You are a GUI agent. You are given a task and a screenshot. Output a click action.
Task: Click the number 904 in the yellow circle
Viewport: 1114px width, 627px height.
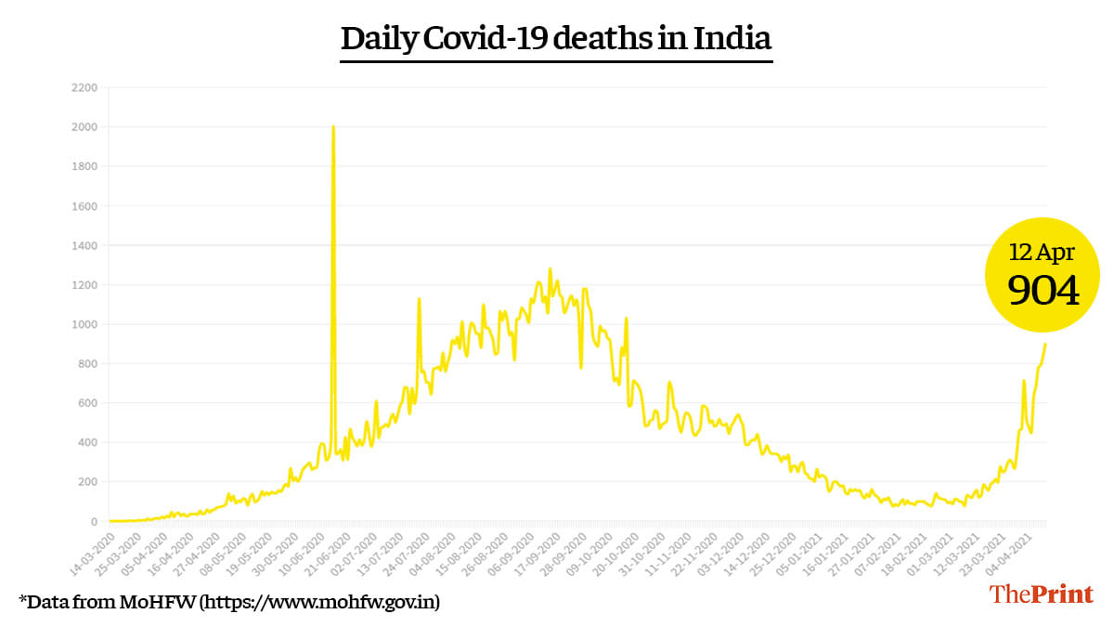click(x=1043, y=292)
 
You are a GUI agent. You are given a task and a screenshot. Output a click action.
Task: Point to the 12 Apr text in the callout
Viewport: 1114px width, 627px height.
click(x=1043, y=253)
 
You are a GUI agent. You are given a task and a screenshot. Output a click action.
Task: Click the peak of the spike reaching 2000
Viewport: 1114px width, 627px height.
click(x=332, y=126)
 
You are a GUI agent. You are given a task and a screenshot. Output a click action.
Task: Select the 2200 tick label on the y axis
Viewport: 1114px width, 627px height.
click(x=83, y=87)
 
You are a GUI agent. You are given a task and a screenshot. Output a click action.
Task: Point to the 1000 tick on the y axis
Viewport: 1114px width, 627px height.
click(x=83, y=324)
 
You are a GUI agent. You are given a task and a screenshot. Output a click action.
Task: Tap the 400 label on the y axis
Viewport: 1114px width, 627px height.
click(x=85, y=442)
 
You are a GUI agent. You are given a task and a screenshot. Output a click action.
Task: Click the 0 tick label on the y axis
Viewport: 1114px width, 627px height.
click(x=93, y=521)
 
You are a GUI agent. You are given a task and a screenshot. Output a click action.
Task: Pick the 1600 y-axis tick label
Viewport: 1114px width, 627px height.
click(x=83, y=205)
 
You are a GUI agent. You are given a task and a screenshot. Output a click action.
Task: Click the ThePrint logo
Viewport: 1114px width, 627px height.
click(x=1041, y=594)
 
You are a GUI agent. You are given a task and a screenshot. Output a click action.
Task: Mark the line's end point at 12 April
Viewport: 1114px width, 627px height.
click(x=1045, y=344)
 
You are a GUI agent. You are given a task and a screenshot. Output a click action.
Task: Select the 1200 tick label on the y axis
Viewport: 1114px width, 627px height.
click(x=83, y=284)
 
